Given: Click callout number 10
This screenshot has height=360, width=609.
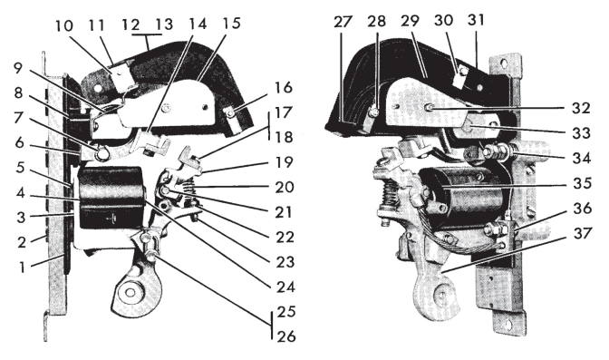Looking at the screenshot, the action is tap(64, 25).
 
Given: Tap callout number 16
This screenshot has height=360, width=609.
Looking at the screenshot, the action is tap(283, 88).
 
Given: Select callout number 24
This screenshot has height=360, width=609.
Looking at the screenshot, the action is tap(285, 287).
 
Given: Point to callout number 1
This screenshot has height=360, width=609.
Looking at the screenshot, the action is tap(22, 267).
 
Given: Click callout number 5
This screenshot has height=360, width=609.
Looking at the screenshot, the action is tap(20, 168).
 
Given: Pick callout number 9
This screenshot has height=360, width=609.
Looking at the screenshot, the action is tap(18, 68).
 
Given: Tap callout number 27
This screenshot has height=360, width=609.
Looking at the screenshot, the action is tap(343, 22).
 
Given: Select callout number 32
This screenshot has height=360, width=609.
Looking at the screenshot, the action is tap(581, 108).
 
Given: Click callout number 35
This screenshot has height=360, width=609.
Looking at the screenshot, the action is tap(582, 183).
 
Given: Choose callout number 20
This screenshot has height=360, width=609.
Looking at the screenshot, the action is tap(285, 187).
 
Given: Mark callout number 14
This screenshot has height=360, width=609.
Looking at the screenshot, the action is tap(198, 24).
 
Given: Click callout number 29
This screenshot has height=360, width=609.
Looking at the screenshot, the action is tap(411, 21).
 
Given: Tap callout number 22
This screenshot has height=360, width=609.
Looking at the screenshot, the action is tap(285, 237).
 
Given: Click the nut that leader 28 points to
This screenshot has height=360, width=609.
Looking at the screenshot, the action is tap(372, 112).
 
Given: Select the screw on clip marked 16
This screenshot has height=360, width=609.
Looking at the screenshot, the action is tap(231, 113).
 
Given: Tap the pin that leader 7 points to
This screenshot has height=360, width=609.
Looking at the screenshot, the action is tap(102, 154).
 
